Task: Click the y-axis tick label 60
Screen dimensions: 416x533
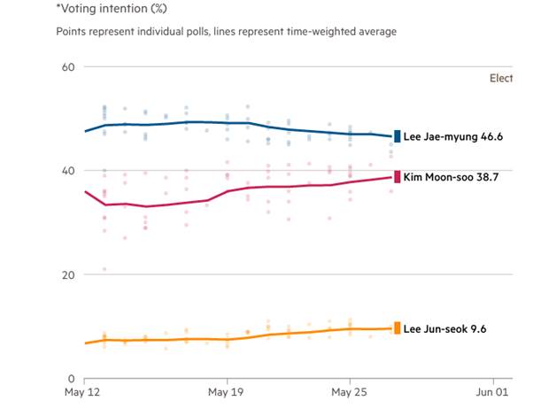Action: (66, 67)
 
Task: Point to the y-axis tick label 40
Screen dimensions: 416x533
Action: (66, 171)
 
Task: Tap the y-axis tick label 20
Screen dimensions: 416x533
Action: (66, 274)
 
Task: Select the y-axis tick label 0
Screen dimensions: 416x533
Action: (70, 378)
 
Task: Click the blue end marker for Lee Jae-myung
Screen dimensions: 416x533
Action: (398, 136)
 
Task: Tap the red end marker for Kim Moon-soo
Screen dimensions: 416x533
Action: (398, 176)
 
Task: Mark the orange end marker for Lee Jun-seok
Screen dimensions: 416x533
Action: (398, 328)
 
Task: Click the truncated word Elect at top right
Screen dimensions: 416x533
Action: (501, 78)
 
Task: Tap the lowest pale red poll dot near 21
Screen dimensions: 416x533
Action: (104, 269)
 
